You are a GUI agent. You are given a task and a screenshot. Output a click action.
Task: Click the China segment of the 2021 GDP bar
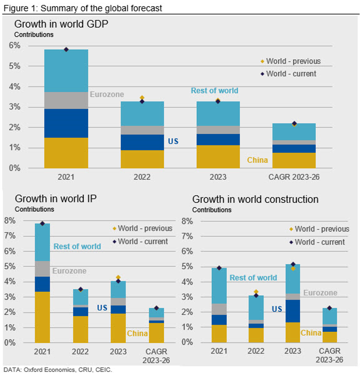[66, 153]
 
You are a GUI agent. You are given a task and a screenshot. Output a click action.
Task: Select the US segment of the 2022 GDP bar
[143, 142]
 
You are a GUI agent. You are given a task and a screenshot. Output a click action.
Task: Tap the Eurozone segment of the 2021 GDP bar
[66, 100]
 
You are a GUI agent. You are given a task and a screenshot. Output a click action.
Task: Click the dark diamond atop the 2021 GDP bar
[66, 50]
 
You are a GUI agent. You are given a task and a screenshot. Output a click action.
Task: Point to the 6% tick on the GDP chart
[15, 45]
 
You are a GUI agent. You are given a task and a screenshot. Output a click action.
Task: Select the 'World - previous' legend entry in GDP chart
[293, 61]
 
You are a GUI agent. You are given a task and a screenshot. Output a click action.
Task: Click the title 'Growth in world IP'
[56, 199]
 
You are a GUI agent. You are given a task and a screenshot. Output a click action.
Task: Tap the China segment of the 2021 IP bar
[42, 317]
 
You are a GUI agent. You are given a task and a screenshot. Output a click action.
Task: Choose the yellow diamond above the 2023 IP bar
[118, 277]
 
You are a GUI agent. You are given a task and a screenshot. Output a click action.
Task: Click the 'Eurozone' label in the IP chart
[69, 271]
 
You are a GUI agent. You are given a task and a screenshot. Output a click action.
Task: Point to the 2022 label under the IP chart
[80, 351]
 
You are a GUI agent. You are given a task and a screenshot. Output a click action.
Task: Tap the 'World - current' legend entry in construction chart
[319, 242]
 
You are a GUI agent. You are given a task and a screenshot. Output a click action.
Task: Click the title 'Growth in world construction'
[255, 199]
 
